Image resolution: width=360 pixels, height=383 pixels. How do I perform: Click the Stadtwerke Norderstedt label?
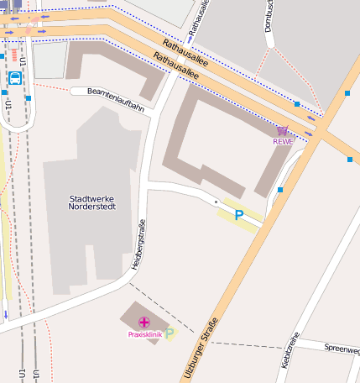coord(91,202)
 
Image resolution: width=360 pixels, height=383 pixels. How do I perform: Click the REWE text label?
coord(283,141)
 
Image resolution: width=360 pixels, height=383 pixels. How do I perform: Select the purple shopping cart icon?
coord(283,130)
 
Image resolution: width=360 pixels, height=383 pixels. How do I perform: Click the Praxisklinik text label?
coord(143,334)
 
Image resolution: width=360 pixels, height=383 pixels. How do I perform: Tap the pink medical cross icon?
coord(144,323)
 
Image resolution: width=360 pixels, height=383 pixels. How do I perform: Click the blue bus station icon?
coord(14,78)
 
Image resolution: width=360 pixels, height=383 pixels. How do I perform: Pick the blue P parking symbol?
coord(239,215)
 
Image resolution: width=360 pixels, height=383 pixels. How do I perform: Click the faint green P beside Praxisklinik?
coord(170,333)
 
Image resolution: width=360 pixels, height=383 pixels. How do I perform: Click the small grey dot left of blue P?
coord(216,202)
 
